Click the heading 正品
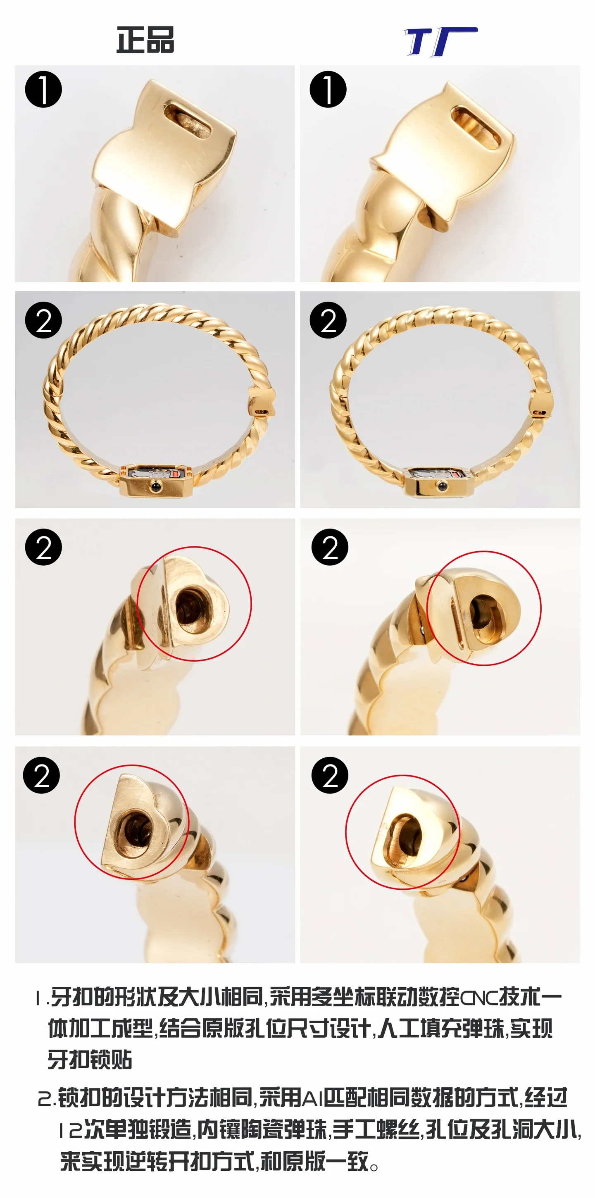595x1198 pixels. (x=145, y=40)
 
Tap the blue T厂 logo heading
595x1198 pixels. (x=441, y=41)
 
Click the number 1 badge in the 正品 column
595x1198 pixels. (x=43, y=89)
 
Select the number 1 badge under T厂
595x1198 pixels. (x=328, y=89)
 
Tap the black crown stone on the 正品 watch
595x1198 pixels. (x=155, y=487)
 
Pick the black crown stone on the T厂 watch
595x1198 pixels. (x=440, y=486)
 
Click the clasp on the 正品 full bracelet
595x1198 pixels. (x=262, y=402)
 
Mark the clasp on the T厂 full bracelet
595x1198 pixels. (x=542, y=405)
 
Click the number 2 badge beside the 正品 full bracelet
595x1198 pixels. (x=43, y=320)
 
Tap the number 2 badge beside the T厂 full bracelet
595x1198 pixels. (x=328, y=320)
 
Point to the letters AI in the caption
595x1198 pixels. (x=313, y=1099)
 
